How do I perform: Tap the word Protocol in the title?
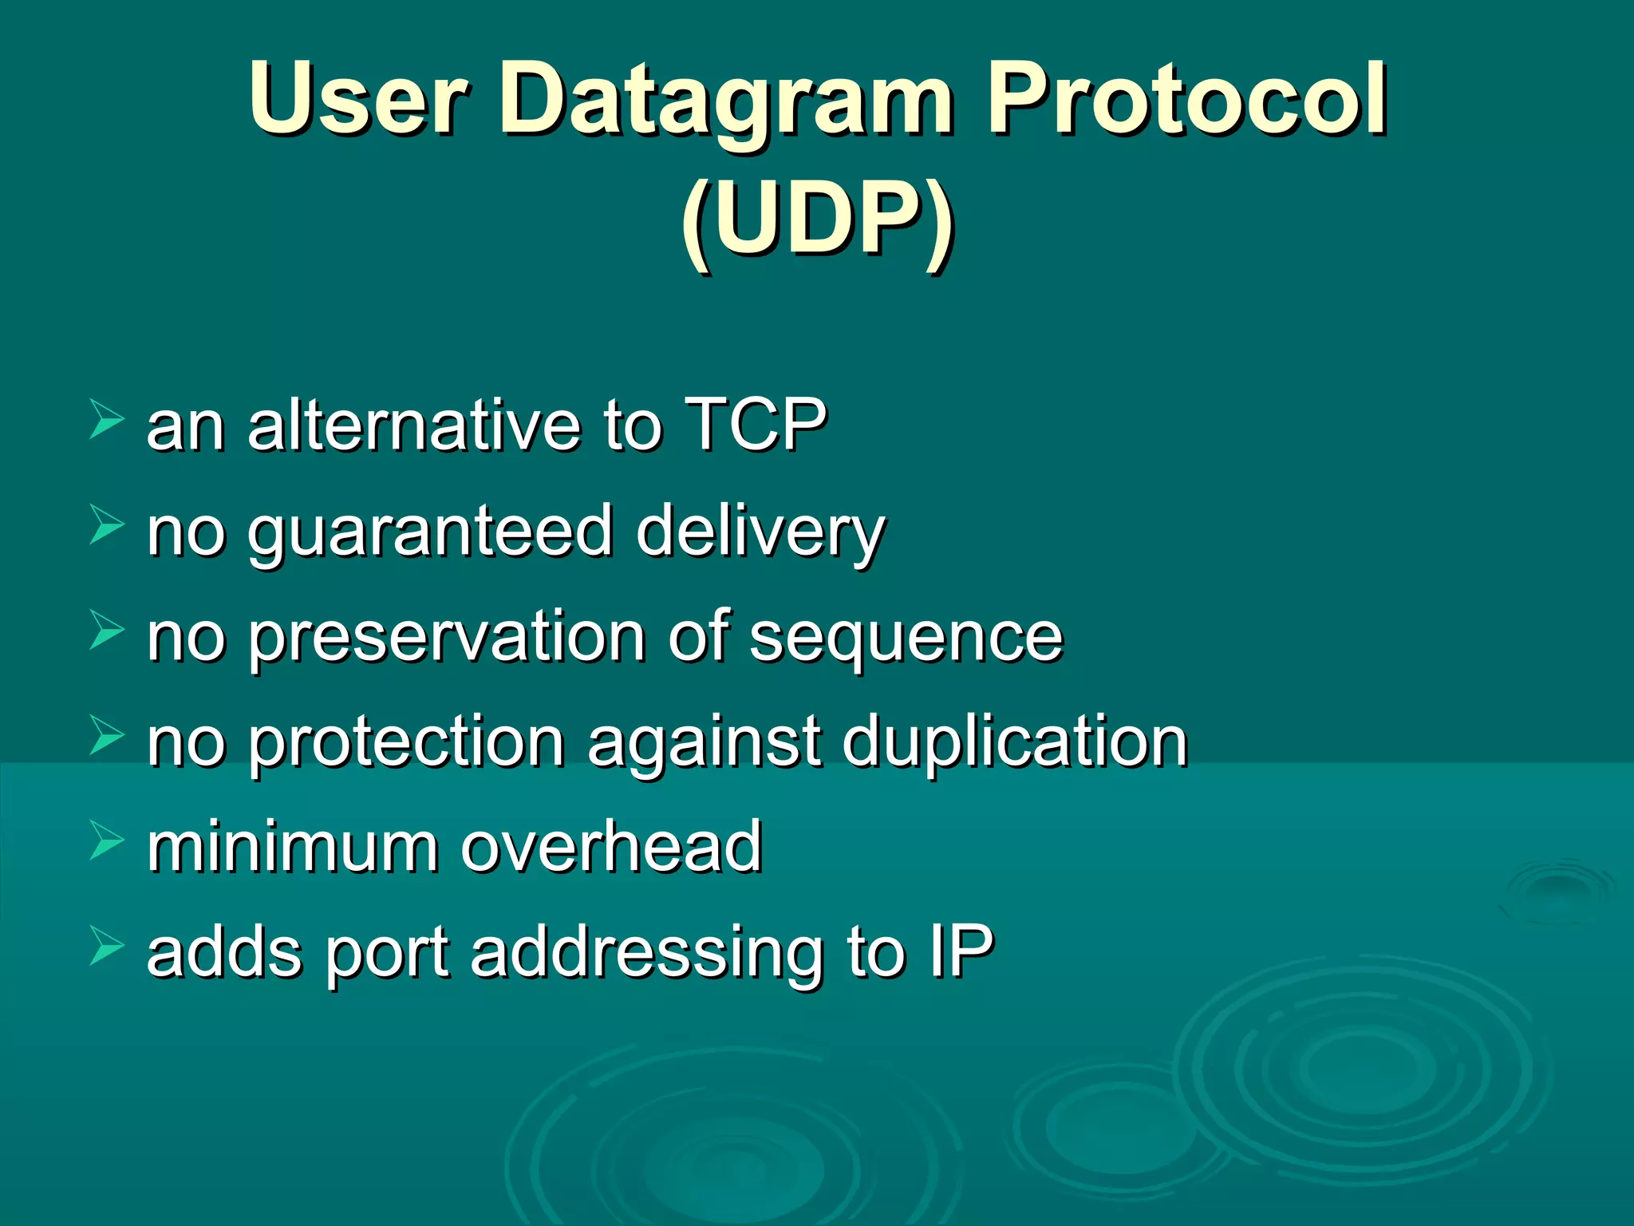pos(1187,99)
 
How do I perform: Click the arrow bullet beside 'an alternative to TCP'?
pos(106,420)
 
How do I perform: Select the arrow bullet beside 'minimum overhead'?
pos(106,841)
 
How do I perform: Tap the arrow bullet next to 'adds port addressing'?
pos(106,947)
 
